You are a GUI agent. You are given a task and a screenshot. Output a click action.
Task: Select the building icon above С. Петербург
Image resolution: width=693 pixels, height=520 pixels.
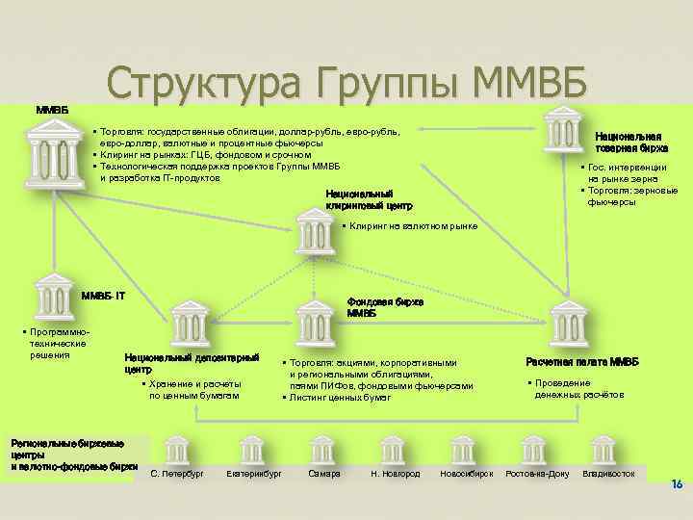point(177,451)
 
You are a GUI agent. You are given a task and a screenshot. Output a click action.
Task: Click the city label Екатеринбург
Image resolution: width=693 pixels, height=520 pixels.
point(253,475)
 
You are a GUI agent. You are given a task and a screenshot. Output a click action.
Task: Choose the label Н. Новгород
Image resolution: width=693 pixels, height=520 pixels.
point(395,475)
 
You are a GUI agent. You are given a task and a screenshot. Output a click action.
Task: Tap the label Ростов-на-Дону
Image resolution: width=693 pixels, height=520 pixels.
point(538,475)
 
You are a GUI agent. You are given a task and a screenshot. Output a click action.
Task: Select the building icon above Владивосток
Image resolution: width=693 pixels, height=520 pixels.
point(604,451)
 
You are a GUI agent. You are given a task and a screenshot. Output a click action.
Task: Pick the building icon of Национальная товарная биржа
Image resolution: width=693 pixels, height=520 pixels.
point(563,126)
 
